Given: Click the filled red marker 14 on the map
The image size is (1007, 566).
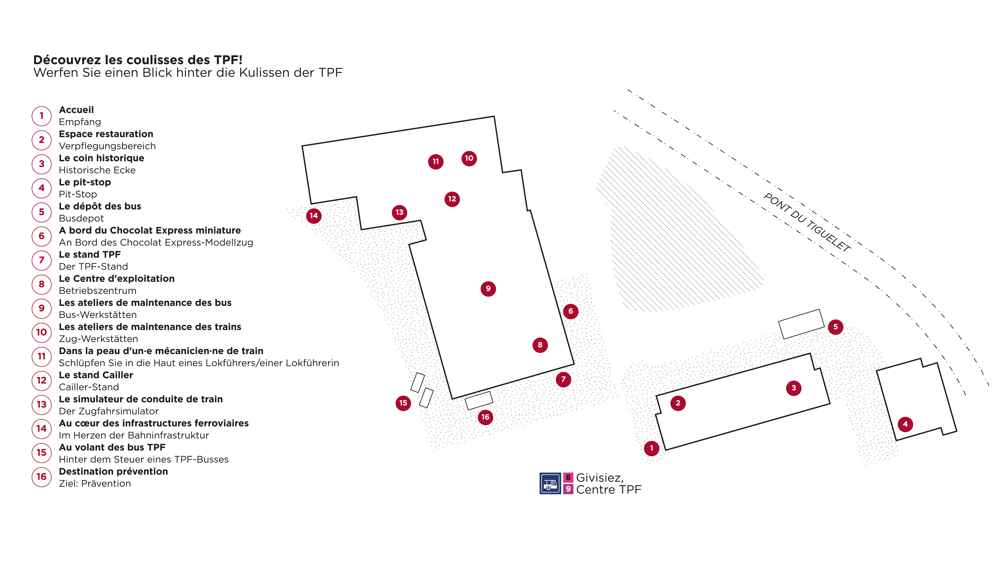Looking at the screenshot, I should (x=313, y=216).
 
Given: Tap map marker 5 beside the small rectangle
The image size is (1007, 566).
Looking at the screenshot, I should (x=835, y=327).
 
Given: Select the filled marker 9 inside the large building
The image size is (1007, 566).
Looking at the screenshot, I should (x=488, y=289).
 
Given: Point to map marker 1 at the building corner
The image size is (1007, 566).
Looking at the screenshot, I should (x=651, y=448).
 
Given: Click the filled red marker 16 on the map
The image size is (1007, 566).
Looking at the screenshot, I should (x=485, y=417).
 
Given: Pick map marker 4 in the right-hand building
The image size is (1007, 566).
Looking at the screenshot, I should (x=905, y=424).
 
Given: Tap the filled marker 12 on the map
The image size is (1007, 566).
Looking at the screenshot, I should (x=452, y=199).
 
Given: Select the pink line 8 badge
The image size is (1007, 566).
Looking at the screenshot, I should (x=568, y=477).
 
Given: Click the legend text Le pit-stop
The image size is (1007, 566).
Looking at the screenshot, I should (x=85, y=182).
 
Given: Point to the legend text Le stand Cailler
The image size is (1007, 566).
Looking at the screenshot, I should (x=96, y=375).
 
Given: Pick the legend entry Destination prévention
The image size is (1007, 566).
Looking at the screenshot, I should (x=113, y=472).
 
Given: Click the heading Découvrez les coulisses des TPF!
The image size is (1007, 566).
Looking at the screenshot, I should (x=138, y=60).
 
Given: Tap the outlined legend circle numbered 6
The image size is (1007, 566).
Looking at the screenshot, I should (x=41, y=236).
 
